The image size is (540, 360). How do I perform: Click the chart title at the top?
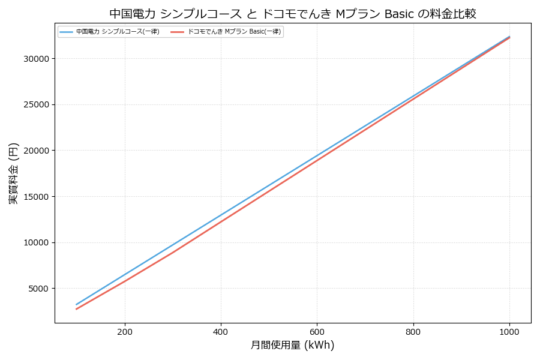pos(293,14)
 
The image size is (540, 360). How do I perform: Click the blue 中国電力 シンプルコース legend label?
pos(118,32)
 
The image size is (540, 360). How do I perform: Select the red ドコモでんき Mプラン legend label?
pos(234,32)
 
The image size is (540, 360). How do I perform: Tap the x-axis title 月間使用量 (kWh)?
pos(292,345)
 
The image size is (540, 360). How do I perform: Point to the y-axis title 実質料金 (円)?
pos(14,173)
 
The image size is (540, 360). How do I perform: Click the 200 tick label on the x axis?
pos(125,331)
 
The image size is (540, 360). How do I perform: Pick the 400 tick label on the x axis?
pos(221,331)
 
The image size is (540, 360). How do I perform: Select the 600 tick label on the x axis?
pos(317,331)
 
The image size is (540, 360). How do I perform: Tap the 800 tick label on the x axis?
pos(413,331)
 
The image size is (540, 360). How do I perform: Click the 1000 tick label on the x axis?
pos(509,331)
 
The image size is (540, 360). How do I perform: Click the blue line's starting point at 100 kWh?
pos(77,304)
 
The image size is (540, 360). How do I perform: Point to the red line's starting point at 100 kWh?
pos(77,309)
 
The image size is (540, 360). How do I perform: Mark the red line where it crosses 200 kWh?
pos(125,280)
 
